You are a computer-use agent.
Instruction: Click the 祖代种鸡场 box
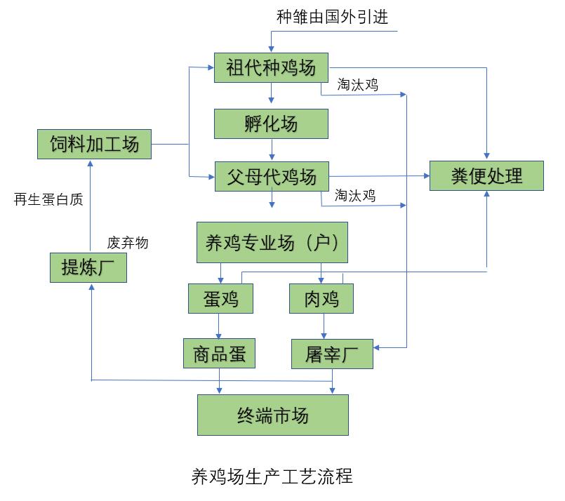point(271,68)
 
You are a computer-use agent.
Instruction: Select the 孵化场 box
point(271,124)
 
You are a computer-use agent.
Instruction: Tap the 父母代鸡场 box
point(271,175)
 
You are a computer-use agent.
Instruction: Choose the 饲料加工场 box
point(94,145)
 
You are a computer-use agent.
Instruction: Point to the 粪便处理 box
point(486,175)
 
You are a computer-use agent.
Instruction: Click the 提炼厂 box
point(88,267)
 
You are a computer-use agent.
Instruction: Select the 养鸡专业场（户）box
point(272,243)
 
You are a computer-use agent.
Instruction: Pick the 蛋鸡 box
point(220,299)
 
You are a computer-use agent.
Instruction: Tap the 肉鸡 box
point(321,299)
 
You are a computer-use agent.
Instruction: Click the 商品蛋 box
point(220,354)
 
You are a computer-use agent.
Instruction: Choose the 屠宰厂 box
point(332,354)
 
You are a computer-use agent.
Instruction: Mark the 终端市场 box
point(272,415)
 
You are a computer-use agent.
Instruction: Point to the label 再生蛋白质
point(48,199)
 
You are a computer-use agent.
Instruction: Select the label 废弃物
point(128,243)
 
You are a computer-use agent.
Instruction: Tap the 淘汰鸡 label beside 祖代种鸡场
point(358,85)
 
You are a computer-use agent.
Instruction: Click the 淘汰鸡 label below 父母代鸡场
point(355,196)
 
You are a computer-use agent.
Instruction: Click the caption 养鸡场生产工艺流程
point(272,477)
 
